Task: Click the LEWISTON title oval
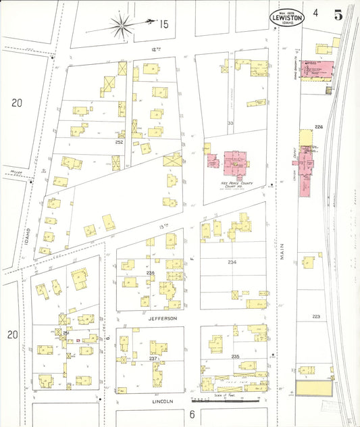(x=286, y=17)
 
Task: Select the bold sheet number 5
(x=337, y=13)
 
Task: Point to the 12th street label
(x=158, y=49)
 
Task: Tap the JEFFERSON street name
(x=163, y=318)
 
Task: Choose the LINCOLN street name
(x=161, y=401)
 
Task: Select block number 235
(x=235, y=356)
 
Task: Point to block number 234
(x=232, y=262)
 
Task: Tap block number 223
(x=315, y=316)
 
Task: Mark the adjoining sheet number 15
(x=163, y=24)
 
